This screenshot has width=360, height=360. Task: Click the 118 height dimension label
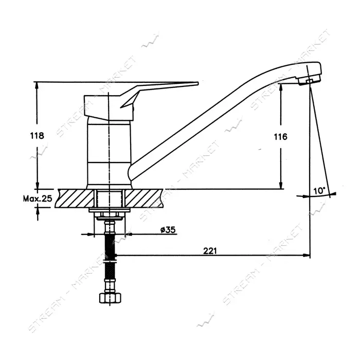(x=37, y=136)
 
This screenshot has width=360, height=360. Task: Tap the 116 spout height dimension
(x=280, y=137)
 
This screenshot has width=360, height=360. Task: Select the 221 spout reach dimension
(x=210, y=251)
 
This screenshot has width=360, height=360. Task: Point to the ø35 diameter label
(x=168, y=229)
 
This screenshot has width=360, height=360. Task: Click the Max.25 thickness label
(x=38, y=199)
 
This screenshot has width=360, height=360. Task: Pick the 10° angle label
(x=319, y=191)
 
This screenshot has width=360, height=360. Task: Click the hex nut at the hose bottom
(x=110, y=298)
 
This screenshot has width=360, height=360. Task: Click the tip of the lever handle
(x=197, y=83)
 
